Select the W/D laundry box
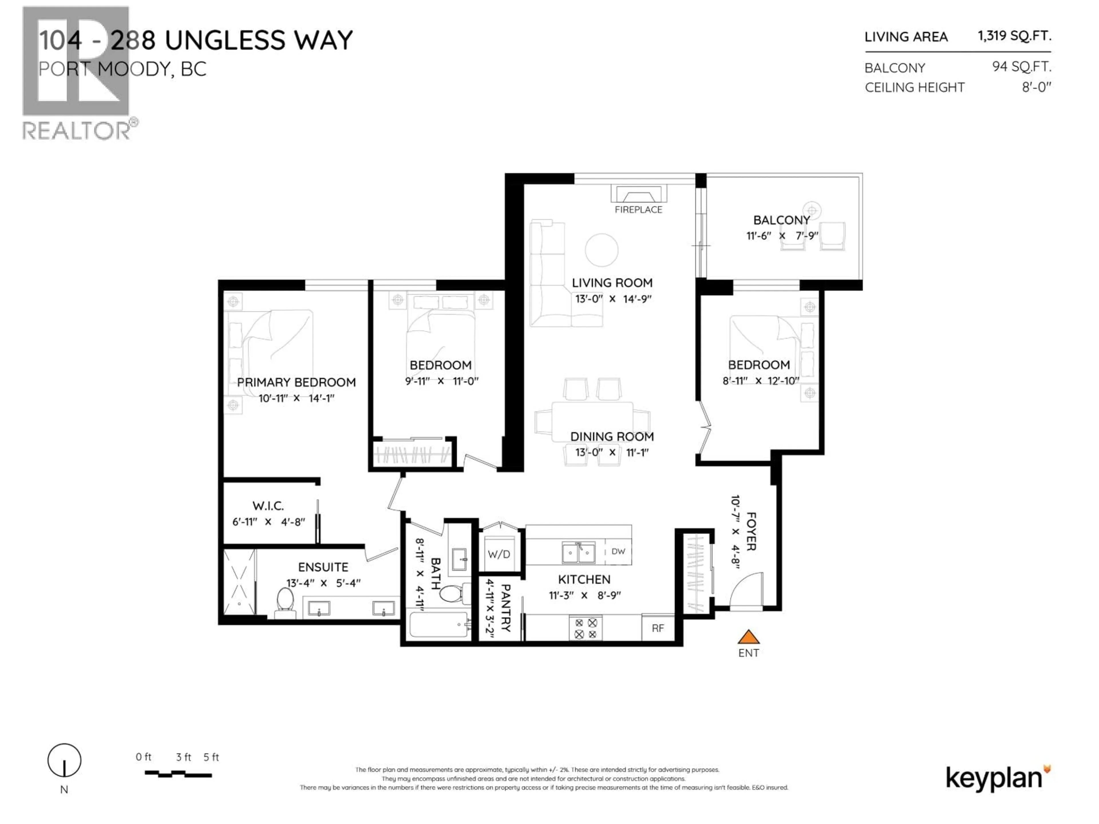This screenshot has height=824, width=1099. (x=499, y=554)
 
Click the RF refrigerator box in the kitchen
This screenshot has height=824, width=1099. (x=657, y=628)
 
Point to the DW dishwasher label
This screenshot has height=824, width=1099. (x=618, y=551)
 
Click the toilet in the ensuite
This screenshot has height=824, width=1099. (x=285, y=601)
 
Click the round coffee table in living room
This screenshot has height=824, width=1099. (x=601, y=250)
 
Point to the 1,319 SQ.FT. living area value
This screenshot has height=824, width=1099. (x=1014, y=36)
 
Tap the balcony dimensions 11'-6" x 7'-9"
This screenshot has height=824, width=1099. (x=782, y=236)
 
